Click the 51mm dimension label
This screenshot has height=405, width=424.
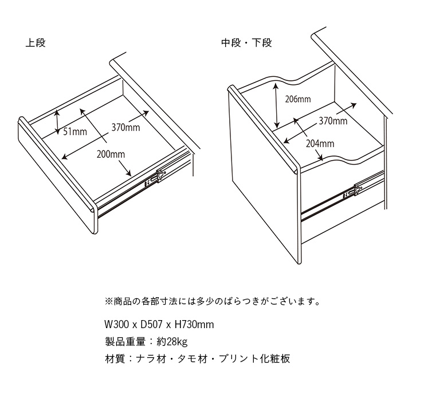pos(75,131)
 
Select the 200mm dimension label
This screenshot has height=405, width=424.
pos(111,154)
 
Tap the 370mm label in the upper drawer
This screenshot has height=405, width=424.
pos(125,127)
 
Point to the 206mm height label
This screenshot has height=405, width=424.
pos(298,99)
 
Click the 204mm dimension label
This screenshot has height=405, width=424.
pos(320,143)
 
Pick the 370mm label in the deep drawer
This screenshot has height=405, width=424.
pos(333,120)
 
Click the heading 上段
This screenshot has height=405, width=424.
pos(36,43)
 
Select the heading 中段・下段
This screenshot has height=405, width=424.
pos(246,43)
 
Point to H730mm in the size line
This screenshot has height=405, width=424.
pos(194,324)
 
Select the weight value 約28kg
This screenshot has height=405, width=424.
pos(172,342)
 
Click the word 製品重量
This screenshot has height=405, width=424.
pos(125,342)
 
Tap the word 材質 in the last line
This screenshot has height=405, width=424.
pos(115,359)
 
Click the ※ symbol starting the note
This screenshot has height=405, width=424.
pos(109,301)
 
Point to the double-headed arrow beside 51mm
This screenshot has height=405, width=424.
pos(57,122)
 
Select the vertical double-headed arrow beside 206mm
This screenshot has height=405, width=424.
pos(276,106)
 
